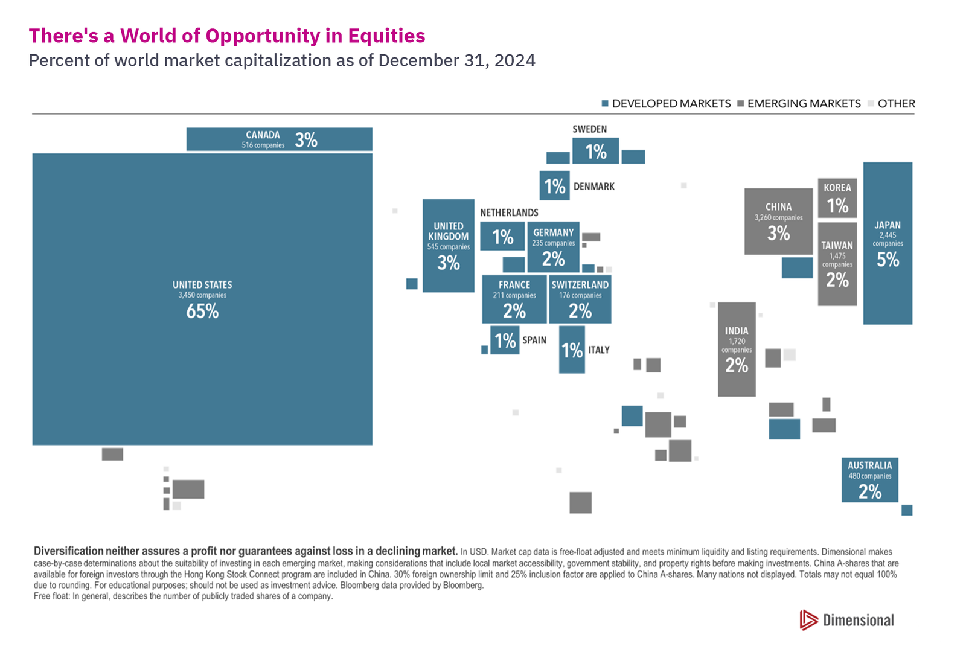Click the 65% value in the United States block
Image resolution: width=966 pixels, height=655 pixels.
pos(202,311)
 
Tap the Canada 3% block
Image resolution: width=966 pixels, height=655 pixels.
pos(279,139)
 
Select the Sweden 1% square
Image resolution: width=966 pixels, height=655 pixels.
pos(595,151)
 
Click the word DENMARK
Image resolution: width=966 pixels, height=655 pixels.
pos(593,187)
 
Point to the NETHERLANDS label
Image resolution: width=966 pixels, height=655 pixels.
pos(509,212)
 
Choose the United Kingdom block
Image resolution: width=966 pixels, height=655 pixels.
pos(448,246)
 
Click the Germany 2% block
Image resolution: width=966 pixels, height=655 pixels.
pos(553,248)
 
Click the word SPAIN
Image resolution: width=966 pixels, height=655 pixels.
pos(534,340)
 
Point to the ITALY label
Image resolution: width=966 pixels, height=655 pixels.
pos(599,350)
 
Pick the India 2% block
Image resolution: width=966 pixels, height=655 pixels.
pos(737,350)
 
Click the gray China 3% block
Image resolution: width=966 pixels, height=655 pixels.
pos(778,222)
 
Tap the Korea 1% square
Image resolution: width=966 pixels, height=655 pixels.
pos(837,198)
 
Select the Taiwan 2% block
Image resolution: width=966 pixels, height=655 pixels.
pos(837,264)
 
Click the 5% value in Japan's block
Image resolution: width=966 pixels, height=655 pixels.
pos(888,260)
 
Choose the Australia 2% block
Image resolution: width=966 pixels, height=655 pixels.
pos(869,480)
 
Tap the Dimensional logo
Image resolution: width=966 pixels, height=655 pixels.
pos(846,620)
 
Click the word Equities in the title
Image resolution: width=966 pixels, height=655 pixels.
pos(386,36)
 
